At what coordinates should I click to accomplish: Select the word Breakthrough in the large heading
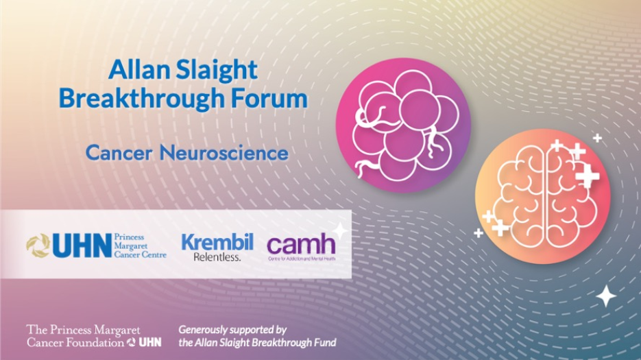click(141, 98)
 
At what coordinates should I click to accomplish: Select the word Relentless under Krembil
click(217, 258)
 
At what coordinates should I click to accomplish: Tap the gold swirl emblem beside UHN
click(38, 245)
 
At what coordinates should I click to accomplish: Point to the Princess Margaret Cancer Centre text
click(139, 245)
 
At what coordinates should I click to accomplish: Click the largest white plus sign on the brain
click(587, 176)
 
